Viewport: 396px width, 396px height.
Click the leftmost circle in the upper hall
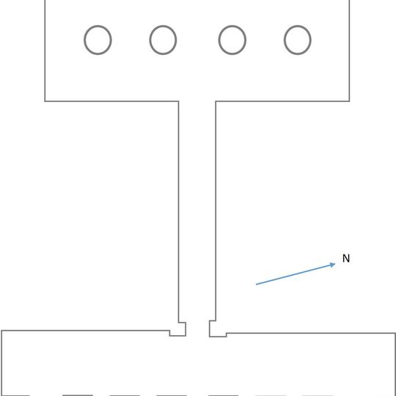point(84,40)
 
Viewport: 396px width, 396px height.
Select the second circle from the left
point(150,40)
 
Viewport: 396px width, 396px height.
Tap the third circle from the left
point(219,40)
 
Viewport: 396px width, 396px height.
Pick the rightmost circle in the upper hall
point(284,40)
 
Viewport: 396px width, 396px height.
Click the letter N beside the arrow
point(346,258)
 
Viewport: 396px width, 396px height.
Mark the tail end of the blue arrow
point(256,285)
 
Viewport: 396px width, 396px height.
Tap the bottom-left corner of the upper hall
point(45,101)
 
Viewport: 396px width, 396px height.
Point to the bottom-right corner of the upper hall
point(350,101)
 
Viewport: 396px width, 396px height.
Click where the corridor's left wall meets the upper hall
point(178,101)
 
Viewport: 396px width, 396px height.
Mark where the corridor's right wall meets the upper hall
point(216,101)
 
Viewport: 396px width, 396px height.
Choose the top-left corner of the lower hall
point(1,330)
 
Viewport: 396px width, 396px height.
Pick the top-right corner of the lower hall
point(395,334)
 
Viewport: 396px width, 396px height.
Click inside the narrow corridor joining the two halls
point(197,211)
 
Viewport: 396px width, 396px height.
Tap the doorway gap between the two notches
point(198,329)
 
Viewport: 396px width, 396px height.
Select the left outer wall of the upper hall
point(45,51)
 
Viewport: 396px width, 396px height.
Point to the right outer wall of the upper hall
point(350,51)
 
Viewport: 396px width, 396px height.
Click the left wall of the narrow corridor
point(178,212)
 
